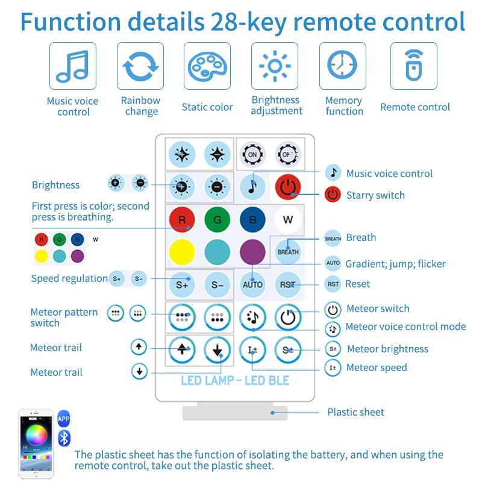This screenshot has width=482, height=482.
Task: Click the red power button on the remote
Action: click(x=288, y=187)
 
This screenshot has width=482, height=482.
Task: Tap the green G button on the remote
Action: click(x=218, y=219)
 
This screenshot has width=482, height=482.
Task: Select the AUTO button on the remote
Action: click(x=252, y=284)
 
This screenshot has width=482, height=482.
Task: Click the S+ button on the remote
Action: click(x=182, y=284)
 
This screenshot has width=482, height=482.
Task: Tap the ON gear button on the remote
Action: click(x=252, y=154)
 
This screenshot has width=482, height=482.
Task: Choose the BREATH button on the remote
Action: click(x=288, y=252)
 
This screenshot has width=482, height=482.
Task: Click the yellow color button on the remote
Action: click(x=182, y=252)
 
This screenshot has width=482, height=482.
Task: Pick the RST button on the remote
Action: click(x=288, y=284)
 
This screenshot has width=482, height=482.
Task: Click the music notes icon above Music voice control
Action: click(x=72, y=66)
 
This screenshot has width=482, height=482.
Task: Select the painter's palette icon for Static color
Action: click(x=207, y=66)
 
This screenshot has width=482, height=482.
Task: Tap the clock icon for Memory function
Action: click(x=342, y=65)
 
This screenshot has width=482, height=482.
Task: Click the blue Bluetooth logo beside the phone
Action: click(x=64, y=439)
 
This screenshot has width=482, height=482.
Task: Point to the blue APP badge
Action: click(x=64, y=419)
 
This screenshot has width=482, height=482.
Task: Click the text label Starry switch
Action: click(x=375, y=195)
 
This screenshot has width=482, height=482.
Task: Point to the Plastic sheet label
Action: click(x=355, y=412)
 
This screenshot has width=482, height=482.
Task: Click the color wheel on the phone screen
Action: click(x=37, y=434)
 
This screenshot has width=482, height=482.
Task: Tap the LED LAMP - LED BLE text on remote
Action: click(x=235, y=381)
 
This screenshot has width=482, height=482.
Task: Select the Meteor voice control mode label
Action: click(x=405, y=327)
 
